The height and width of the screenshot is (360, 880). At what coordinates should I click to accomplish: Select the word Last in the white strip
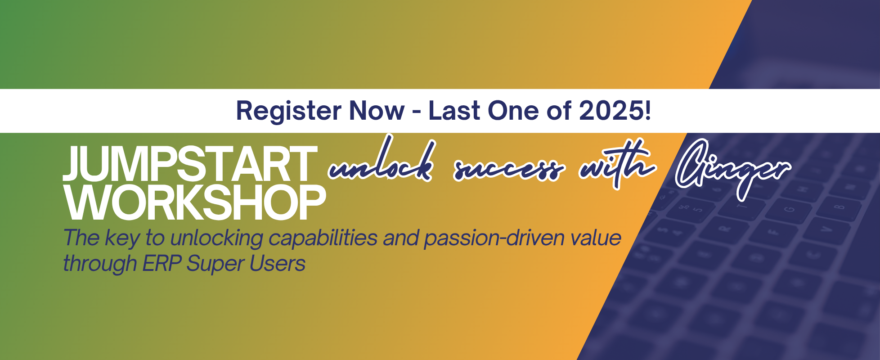(454, 111)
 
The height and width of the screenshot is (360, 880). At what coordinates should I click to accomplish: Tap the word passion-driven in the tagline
(494, 238)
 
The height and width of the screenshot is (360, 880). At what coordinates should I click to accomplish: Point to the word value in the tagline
(596, 238)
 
